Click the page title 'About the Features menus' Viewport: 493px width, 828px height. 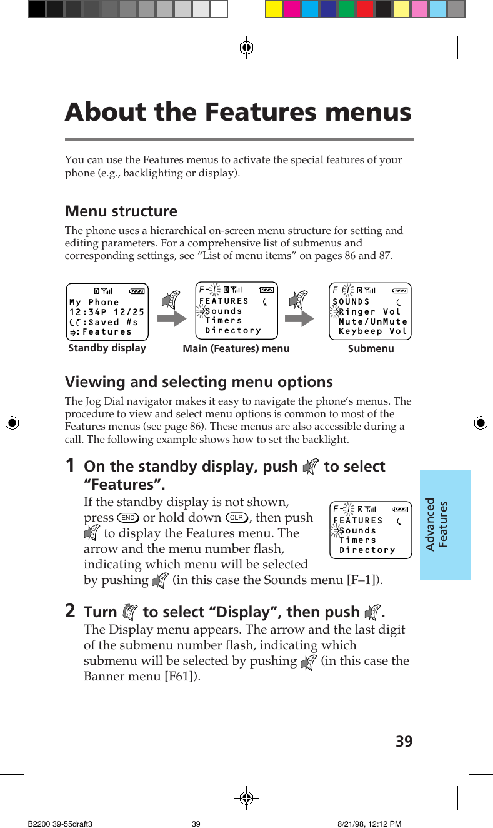point(238,113)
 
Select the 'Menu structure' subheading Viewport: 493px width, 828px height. point(121,211)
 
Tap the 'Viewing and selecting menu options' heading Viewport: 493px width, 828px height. point(199,381)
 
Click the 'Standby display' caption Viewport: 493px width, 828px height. point(107,348)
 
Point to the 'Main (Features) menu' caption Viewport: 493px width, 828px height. point(236,349)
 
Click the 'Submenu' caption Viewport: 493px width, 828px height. point(371,349)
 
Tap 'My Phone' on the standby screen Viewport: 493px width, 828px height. point(94,302)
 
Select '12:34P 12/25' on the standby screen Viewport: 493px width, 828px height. point(107,312)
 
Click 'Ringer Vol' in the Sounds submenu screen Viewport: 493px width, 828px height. point(370,311)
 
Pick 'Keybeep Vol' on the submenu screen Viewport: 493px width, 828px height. point(372,331)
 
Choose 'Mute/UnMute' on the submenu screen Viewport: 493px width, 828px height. point(372,321)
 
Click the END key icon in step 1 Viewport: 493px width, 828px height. point(128,518)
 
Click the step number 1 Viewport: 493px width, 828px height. point(71,466)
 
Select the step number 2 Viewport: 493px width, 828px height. point(71,611)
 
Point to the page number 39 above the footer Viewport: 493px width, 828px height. point(404,742)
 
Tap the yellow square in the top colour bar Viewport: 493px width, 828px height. point(274,9)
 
